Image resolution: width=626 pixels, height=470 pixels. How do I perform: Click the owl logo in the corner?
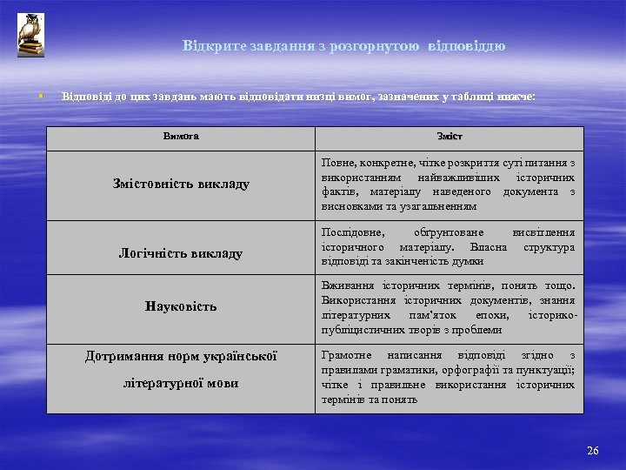click(30, 36)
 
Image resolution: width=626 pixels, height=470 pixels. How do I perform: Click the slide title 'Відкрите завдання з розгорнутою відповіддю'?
click(343, 45)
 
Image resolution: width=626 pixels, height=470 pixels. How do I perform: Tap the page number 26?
click(593, 450)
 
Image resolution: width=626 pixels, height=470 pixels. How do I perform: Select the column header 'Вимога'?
click(180, 136)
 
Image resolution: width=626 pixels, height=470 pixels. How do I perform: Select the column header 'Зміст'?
click(449, 137)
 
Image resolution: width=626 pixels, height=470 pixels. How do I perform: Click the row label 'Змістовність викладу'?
click(181, 184)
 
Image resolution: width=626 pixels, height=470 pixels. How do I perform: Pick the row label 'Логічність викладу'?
click(181, 253)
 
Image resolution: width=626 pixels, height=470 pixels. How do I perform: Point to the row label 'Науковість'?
click(181, 306)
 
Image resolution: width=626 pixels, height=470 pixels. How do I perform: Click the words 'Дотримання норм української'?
click(181, 356)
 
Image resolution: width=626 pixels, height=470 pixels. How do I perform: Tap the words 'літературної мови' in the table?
click(181, 383)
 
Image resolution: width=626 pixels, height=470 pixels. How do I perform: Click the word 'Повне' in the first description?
click(337, 163)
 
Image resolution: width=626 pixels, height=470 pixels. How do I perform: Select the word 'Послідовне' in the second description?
click(349, 232)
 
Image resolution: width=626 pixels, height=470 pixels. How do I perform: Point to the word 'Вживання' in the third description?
click(345, 286)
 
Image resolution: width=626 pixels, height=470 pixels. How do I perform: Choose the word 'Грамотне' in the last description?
click(347, 356)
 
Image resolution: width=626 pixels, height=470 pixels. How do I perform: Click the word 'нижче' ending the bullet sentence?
click(516, 95)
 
